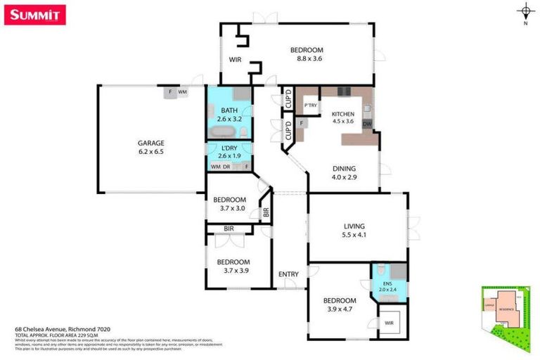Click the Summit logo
click(35, 15)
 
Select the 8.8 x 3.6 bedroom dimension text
click(307, 60)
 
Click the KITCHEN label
click(343, 114)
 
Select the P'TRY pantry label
click(311, 106)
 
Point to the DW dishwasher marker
click(367, 125)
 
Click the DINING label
click(345, 169)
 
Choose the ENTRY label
click(288, 274)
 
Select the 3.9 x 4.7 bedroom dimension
click(339, 309)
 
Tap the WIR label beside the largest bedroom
click(235, 60)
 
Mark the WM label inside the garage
click(182, 92)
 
